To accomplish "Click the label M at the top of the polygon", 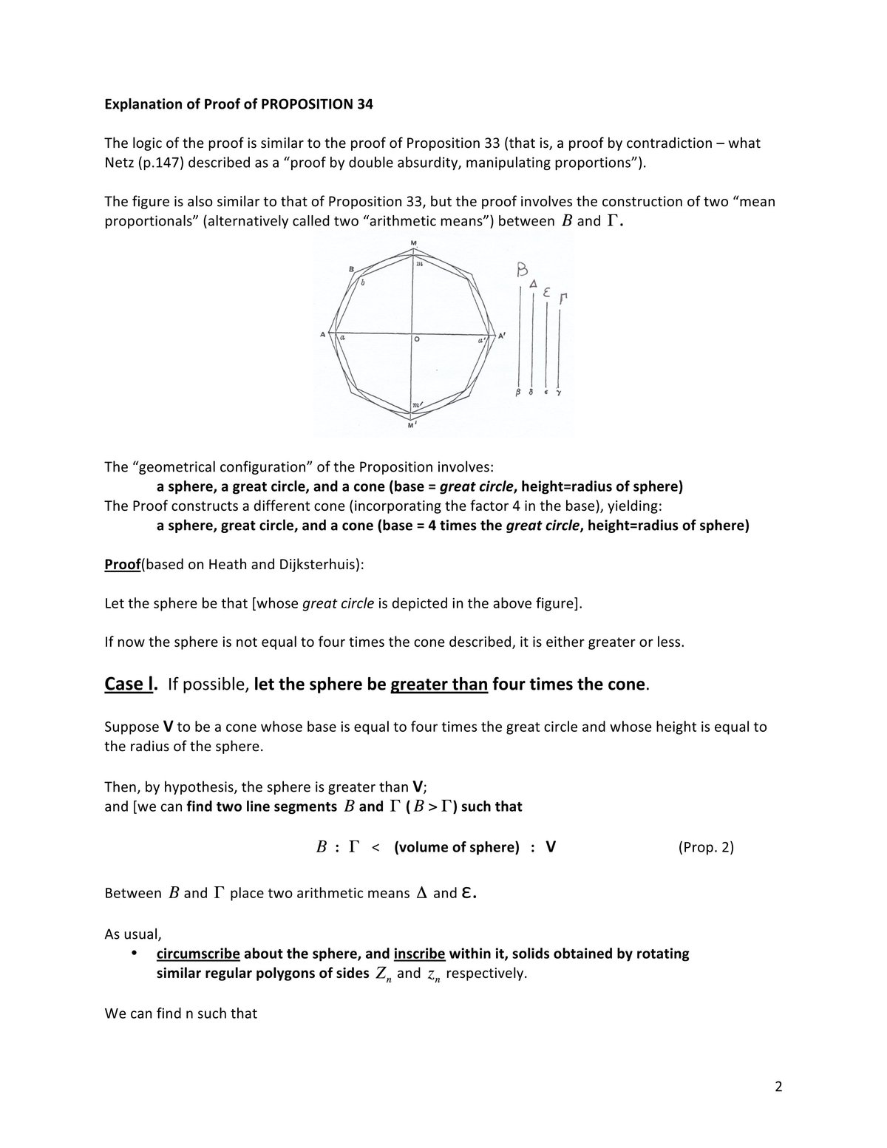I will tap(413, 243).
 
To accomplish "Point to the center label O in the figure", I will tap(417, 340).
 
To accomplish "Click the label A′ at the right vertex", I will tap(502, 336).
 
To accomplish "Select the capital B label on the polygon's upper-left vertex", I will tap(351, 269).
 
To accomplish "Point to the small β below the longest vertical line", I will tap(520, 393).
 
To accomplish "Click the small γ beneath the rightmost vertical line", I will tap(559, 393).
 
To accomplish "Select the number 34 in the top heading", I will tap(364, 104).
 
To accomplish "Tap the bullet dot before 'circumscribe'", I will tap(134, 954).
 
